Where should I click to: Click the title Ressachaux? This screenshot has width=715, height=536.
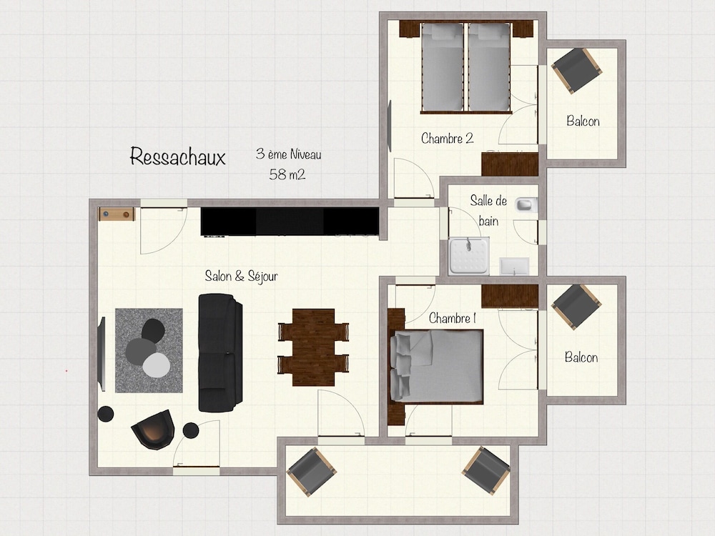point(177,157)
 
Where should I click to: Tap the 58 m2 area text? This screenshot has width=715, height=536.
point(287,174)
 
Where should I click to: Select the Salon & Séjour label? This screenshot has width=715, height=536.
point(241,276)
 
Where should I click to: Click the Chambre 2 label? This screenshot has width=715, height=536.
point(448,138)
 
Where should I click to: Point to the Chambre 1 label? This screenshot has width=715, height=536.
point(453,318)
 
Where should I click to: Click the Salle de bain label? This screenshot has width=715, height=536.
point(488,211)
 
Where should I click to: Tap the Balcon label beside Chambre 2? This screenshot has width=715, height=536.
point(583,121)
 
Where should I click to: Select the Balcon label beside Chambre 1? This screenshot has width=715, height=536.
point(581,357)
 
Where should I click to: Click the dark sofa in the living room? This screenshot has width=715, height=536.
point(220,352)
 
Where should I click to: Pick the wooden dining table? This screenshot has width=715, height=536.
point(313,347)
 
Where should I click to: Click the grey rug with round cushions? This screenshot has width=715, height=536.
point(149,350)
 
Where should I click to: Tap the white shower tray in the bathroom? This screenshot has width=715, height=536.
point(469,257)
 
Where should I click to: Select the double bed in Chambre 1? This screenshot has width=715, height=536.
point(436,367)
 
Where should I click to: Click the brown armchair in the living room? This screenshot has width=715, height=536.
point(154,430)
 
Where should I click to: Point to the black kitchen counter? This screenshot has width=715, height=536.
point(290,222)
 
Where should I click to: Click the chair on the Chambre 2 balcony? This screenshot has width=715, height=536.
point(576,70)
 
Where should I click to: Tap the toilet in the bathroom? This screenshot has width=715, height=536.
point(526,204)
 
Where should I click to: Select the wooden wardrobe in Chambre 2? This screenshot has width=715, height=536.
point(510,164)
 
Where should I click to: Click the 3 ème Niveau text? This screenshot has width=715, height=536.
point(289,154)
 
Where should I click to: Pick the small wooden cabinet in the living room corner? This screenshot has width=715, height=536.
point(117,214)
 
